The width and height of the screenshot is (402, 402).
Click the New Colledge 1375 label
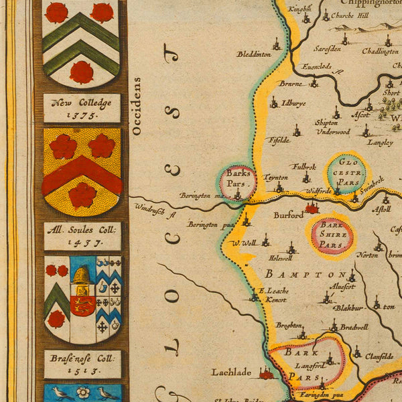tap(82, 108)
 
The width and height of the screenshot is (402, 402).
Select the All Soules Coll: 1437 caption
tap(82, 236)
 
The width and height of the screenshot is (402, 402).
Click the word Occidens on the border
tap(137, 106)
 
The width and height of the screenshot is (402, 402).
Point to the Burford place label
tap(288, 215)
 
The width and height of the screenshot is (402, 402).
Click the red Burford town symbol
tap(311, 209)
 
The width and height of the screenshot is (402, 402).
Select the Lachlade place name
tap(231, 372)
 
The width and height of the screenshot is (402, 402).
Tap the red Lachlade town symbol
tap(267, 373)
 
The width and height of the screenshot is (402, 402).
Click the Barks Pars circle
tap(238, 182)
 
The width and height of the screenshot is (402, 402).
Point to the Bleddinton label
tap(253, 54)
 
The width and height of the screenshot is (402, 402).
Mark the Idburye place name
tap(293, 104)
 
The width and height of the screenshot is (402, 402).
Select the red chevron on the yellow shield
tap(82, 173)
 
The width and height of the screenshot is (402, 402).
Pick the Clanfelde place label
tap(379, 356)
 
